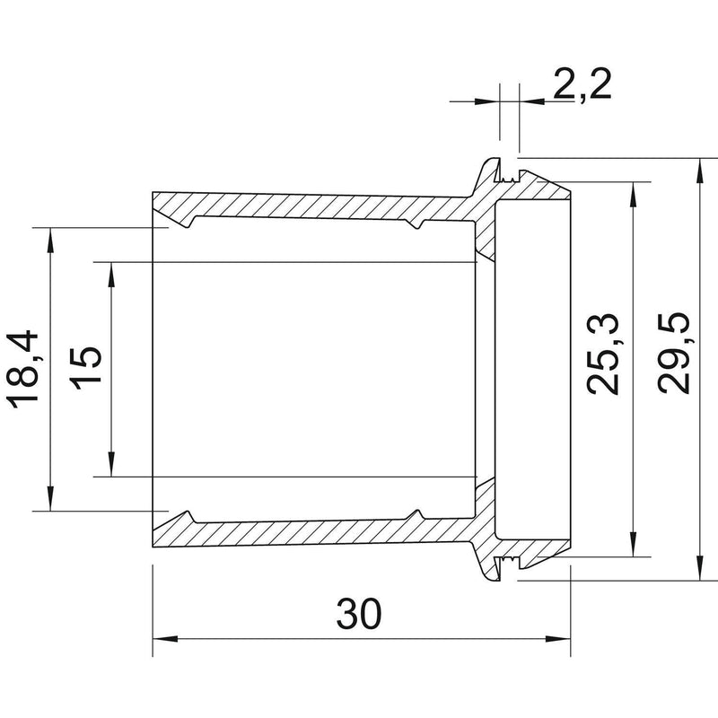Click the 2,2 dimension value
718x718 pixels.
(582, 84)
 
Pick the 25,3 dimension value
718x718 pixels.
(602, 354)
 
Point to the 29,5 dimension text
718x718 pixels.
(674, 353)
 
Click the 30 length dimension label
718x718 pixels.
(359, 614)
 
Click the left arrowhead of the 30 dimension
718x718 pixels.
(165, 639)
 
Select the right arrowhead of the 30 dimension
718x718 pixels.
(557, 639)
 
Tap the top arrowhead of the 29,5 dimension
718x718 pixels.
(699, 171)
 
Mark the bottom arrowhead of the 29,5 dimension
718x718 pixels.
(699, 568)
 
